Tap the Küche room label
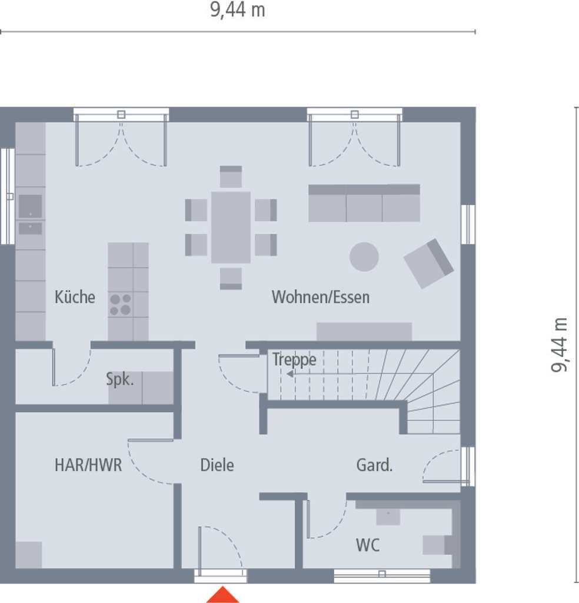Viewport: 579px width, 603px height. pos(75,297)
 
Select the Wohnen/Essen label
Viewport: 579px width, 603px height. pos(321,297)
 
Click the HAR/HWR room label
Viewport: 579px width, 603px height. pos(88,465)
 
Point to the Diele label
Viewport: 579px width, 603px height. pos(217,465)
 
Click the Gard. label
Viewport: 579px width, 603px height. pos(375,465)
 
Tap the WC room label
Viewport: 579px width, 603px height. pos(368,545)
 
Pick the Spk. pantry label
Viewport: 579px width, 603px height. pos(120,380)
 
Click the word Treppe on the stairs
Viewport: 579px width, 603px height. pos(294,360)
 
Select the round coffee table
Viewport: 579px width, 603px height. pos(364,257)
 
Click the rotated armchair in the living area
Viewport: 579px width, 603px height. pos(429,263)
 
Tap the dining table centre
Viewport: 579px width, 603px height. pos(231,227)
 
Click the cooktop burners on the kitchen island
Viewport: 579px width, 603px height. pos(120,304)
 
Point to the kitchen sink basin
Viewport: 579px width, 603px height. pos(31,206)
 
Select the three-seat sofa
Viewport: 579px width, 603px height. pos(364,203)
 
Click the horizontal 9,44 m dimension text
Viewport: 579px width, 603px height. pos(238,9)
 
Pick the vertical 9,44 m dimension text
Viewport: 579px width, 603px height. pos(559,344)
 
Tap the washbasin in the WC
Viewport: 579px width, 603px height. pos(388,516)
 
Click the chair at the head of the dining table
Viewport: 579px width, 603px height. pos(231,177)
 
